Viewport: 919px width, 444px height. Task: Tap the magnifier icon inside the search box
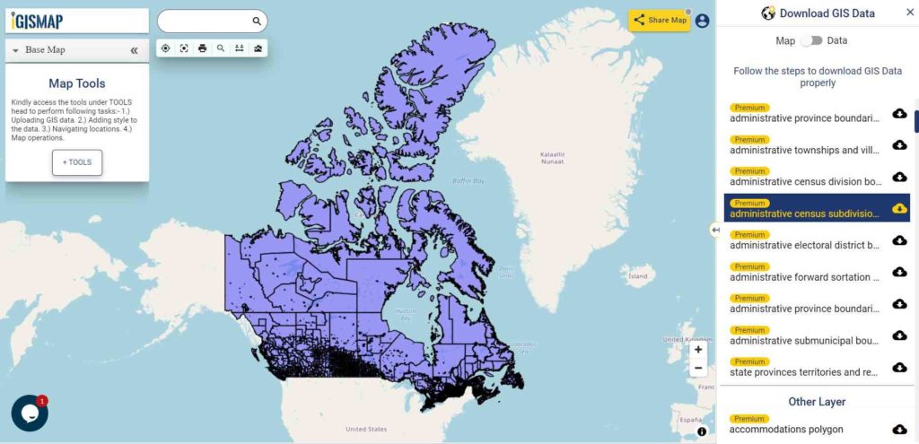[x=257, y=21]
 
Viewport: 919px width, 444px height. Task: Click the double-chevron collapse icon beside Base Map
[x=134, y=51]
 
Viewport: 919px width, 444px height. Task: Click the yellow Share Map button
[x=660, y=21]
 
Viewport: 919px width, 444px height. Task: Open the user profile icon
[x=702, y=21]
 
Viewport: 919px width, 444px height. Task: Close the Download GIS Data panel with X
[x=909, y=13]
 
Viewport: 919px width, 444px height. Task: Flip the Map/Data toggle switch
[x=811, y=40]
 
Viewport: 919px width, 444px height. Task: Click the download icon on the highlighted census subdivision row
[x=899, y=208]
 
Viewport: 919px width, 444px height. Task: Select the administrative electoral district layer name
[x=805, y=246]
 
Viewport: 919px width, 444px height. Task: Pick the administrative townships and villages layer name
[x=805, y=150]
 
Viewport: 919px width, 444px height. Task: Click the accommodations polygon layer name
[x=786, y=430]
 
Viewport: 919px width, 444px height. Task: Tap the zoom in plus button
[x=698, y=350]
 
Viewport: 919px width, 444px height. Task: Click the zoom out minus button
[x=698, y=368]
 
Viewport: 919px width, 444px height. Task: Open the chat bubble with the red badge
[x=29, y=414]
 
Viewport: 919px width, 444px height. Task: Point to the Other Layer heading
[x=817, y=402]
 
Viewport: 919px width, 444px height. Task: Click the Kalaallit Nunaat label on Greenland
[x=552, y=158]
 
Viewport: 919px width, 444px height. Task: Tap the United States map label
[x=366, y=429]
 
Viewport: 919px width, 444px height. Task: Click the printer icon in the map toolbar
[x=202, y=48]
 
